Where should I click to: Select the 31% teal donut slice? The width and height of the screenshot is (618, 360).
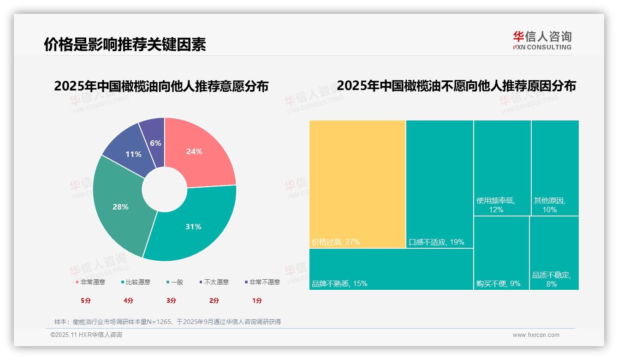194,226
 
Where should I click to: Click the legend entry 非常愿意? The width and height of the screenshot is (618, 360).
91,282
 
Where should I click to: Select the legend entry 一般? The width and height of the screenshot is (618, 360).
175,282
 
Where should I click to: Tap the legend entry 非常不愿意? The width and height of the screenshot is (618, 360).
262,282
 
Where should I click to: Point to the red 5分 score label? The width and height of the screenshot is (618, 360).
86,300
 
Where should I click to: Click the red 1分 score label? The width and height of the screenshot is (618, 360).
257,300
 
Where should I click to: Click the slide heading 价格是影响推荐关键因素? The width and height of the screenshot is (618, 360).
125,44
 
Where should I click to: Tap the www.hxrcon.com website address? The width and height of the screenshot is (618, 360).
536,335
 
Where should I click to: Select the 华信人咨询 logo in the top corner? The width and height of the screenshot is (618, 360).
542,40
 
